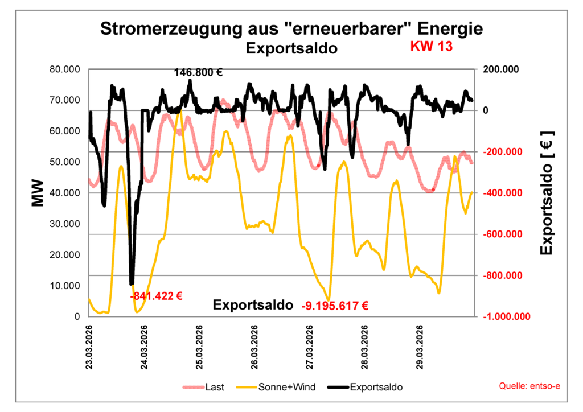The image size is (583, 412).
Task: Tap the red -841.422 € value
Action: click(x=156, y=296)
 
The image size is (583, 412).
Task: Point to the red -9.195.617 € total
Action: click(x=335, y=306)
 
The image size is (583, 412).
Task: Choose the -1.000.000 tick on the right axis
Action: click(x=506, y=316)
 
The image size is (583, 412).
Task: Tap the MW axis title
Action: click(x=38, y=193)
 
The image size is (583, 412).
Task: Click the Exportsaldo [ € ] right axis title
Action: click(x=547, y=193)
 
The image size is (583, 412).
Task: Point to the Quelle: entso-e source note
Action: click(x=529, y=386)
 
